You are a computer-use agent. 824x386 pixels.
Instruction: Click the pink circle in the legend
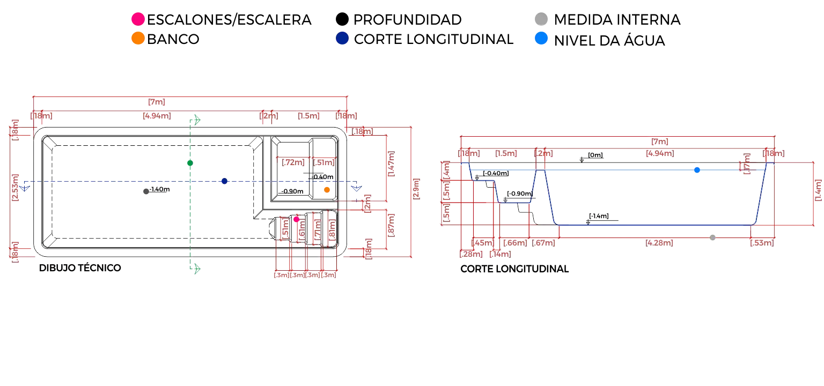click(138, 19)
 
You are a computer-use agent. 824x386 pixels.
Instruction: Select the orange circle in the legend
click(138, 39)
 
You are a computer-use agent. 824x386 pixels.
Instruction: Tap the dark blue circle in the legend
click(342, 39)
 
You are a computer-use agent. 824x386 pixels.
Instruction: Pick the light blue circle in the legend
click(542, 39)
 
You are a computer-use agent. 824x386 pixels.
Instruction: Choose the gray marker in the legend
click(541, 19)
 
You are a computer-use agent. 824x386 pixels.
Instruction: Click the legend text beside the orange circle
click(173, 39)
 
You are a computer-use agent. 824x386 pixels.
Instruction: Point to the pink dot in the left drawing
click(296, 219)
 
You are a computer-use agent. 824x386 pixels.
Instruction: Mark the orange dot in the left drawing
click(326, 189)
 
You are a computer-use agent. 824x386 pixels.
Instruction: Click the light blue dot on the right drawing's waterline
click(696, 170)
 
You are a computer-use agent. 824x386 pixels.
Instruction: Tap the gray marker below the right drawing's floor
click(712, 237)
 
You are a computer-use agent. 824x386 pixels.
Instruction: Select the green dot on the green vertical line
click(189, 163)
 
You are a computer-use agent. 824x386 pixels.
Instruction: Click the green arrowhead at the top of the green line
click(196, 120)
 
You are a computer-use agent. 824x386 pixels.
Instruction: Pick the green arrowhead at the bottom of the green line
click(196, 269)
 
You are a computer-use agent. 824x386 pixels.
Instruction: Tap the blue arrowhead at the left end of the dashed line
click(25, 188)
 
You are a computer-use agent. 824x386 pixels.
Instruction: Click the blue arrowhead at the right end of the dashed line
click(356, 188)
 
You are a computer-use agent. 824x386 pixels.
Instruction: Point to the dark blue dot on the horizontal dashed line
click(223, 180)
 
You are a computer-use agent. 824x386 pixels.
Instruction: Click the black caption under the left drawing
click(81, 268)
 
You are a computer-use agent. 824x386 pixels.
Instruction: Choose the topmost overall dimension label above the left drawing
click(156, 102)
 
